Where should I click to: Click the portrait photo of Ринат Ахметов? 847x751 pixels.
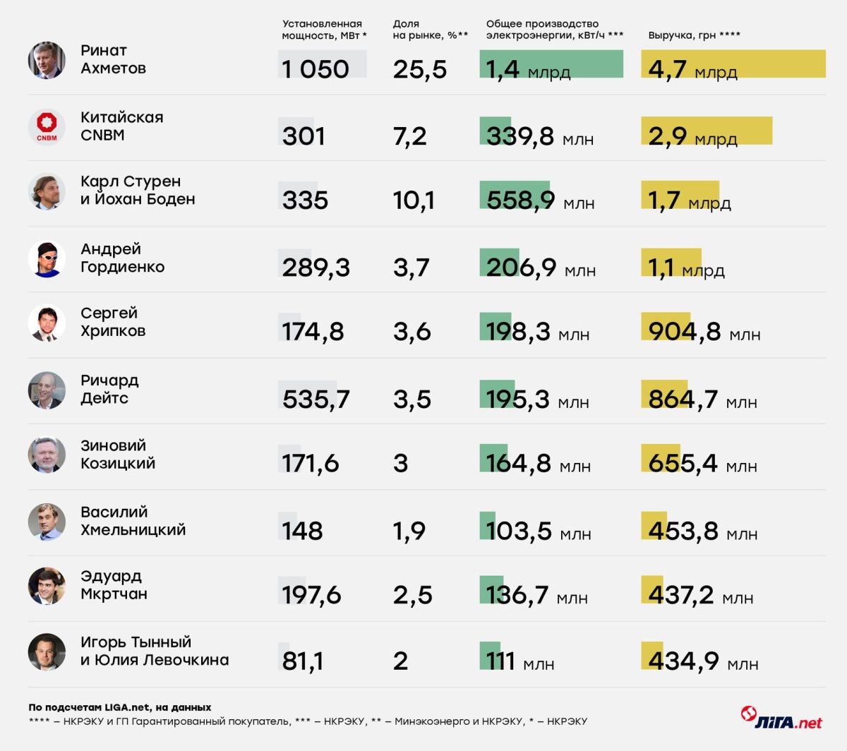(47, 60)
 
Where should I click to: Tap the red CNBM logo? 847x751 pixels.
(47, 126)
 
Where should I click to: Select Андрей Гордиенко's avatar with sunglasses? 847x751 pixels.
(47, 258)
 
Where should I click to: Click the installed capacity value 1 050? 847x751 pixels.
(315, 69)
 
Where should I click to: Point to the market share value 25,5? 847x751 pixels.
(419, 69)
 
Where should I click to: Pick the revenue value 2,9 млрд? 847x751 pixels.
(692, 136)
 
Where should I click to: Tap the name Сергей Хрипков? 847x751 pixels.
(113, 322)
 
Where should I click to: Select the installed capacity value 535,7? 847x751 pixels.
(316, 399)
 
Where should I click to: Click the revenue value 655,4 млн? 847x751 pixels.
(702, 464)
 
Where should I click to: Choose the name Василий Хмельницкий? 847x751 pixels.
(133, 521)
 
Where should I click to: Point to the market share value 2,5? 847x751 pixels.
(412, 595)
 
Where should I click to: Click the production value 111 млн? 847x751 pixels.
(519, 661)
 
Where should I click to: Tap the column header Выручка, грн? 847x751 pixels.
(694, 35)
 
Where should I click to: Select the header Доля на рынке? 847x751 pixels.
(430, 30)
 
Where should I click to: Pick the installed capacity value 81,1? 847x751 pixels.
(302, 661)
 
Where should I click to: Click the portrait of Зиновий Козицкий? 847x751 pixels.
(47, 455)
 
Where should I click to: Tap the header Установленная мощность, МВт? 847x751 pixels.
(323, 30)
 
